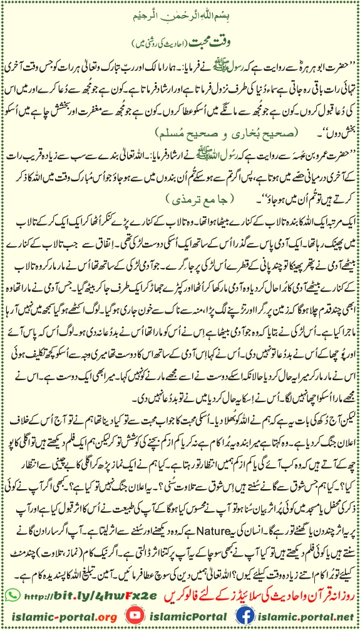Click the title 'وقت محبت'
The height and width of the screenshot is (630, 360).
[x=180, y=30]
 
